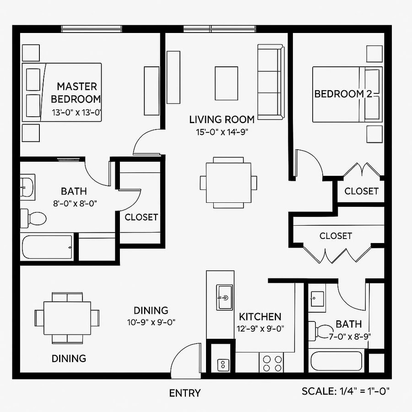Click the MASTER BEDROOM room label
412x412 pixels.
click(x=76, y=92)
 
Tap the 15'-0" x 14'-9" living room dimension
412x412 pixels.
click(x=222, y=133)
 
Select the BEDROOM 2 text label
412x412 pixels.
click(x=342, y=94)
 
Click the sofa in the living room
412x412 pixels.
click(x=271, y=81)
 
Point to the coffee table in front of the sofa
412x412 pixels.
click(x=226, y=83)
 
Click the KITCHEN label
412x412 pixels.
click(x=260, y=316)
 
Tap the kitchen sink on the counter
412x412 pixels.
click(x=224, y=297)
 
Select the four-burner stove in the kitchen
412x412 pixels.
click(x=271, y=363)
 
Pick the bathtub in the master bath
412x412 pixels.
click(x=47, y=247)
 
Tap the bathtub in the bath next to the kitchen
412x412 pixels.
click(x=336, y=361)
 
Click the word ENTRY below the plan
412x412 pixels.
click(x=184, y=393)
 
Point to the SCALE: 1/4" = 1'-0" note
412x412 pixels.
click(x=346, y=391)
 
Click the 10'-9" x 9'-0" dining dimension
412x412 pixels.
click(x=151, y=322)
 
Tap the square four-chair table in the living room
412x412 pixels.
click(x=228, y=183)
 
